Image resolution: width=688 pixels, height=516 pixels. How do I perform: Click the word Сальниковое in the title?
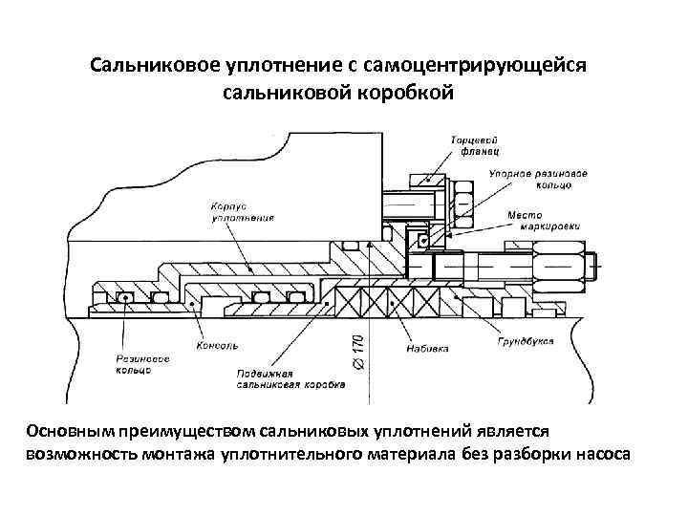pyautogui.click(x=152, y=67)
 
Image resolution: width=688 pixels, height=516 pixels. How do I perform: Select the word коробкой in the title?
pyautogui.click(x=404, y=94)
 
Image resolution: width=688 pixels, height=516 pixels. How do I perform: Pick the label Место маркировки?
pyautogui.click(x=530, y=220)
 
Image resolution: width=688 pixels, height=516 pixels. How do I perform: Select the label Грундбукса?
pyautogui.click(x=527, y=341)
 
